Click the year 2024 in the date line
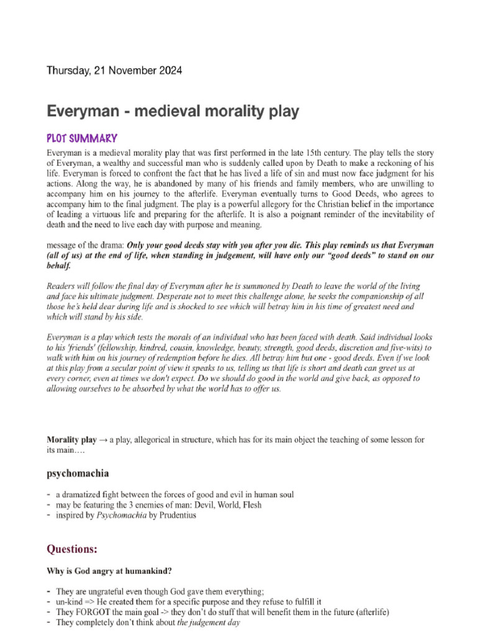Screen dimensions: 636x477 [x=170, y=71]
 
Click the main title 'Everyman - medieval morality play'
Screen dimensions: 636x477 [x=173, y=112]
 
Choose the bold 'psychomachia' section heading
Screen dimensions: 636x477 [x=78, y=473]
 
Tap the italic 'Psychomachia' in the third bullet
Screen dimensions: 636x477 [x=121, y=516]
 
